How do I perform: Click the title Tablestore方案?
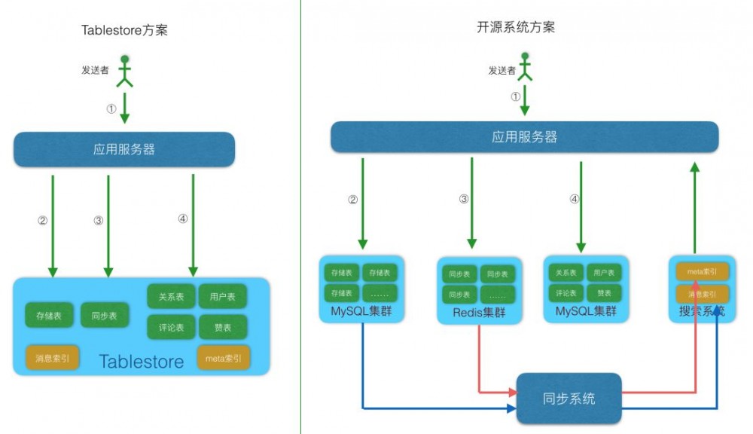coord(123,30)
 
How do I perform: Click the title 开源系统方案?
coord(516,28)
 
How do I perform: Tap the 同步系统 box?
coord(569,398)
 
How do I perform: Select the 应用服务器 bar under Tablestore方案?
coord(124,149)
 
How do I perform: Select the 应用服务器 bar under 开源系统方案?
coord(524,137)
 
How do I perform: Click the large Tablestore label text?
coord(141,362)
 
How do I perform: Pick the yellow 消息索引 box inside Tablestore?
coord(52,359)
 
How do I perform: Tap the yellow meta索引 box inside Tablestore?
coord(223,359)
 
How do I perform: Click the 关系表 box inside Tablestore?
coord(171,297)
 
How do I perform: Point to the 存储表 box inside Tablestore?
coord(49,316)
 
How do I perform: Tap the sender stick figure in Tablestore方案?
coord(124,70)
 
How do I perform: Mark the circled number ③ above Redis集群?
coord(464,200)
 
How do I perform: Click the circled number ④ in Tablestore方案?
coord(182,219)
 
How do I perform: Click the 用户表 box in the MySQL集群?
coord(602,273)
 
